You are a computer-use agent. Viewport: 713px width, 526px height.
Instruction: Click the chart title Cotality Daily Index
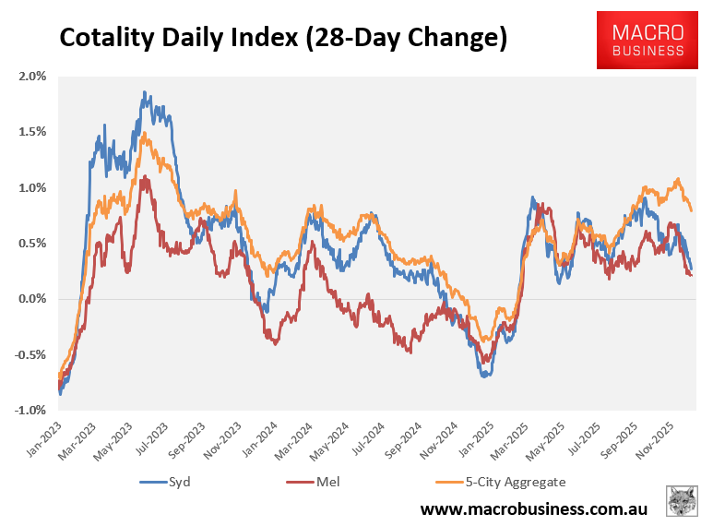pos(283,38)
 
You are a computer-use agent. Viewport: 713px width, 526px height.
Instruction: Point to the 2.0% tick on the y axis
pos(33,76)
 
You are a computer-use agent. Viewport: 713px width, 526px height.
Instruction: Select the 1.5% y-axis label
pos(33,132)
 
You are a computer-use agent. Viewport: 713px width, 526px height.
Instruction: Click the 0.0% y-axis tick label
pos(33,299)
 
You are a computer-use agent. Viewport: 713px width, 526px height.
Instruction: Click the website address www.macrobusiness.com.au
pos(534,508)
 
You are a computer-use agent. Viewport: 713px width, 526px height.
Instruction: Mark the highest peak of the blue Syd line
pos(145,91)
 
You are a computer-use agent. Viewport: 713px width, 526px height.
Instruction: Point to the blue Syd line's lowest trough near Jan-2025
pos(484,376)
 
